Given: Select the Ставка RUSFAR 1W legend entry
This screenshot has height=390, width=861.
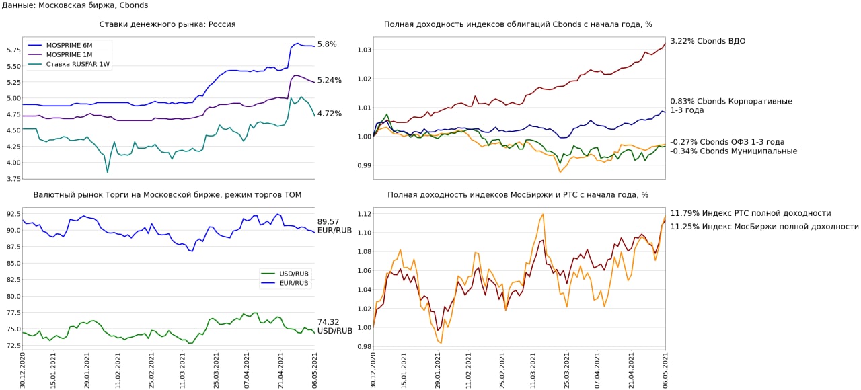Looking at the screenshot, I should [x=73, y=64].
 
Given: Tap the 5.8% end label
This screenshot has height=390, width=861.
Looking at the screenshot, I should [x=327, y=44].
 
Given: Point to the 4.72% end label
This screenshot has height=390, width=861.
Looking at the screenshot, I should [x=329, y=114].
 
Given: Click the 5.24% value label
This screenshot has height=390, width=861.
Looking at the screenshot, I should [x=329, y=80].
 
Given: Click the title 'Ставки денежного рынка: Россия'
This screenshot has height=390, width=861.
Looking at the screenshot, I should [x=167, y=24].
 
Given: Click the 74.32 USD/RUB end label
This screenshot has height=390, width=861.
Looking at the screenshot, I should [x=334, y=326].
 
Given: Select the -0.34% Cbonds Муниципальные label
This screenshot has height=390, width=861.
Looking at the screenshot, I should [x=734, y=151].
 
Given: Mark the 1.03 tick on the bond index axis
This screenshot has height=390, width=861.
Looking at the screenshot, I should [x=364, y=50].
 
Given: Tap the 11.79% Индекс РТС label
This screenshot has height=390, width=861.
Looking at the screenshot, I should [x=750, y=213].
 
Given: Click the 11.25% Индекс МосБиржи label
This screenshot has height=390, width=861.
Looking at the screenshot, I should [x=764, y=227].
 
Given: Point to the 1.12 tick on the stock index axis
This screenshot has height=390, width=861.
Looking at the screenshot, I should [x=364, y=214].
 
